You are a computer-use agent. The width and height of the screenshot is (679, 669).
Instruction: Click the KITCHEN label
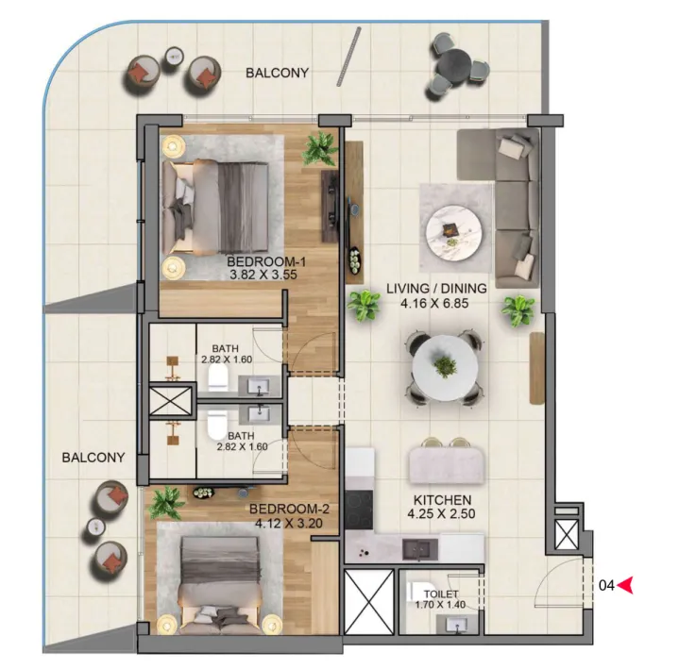(x=442, y=500)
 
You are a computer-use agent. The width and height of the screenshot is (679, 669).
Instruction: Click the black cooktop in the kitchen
(x=360, y=510)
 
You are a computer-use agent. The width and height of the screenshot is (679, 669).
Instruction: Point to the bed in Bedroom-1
(x=216, y=202)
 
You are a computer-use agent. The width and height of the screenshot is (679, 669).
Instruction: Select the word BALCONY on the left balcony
(x=93, y=458)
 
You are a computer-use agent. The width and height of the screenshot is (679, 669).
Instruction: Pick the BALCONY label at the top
(x=277, y=73)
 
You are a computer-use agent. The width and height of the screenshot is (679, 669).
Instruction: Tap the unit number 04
(x=606, y=585)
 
